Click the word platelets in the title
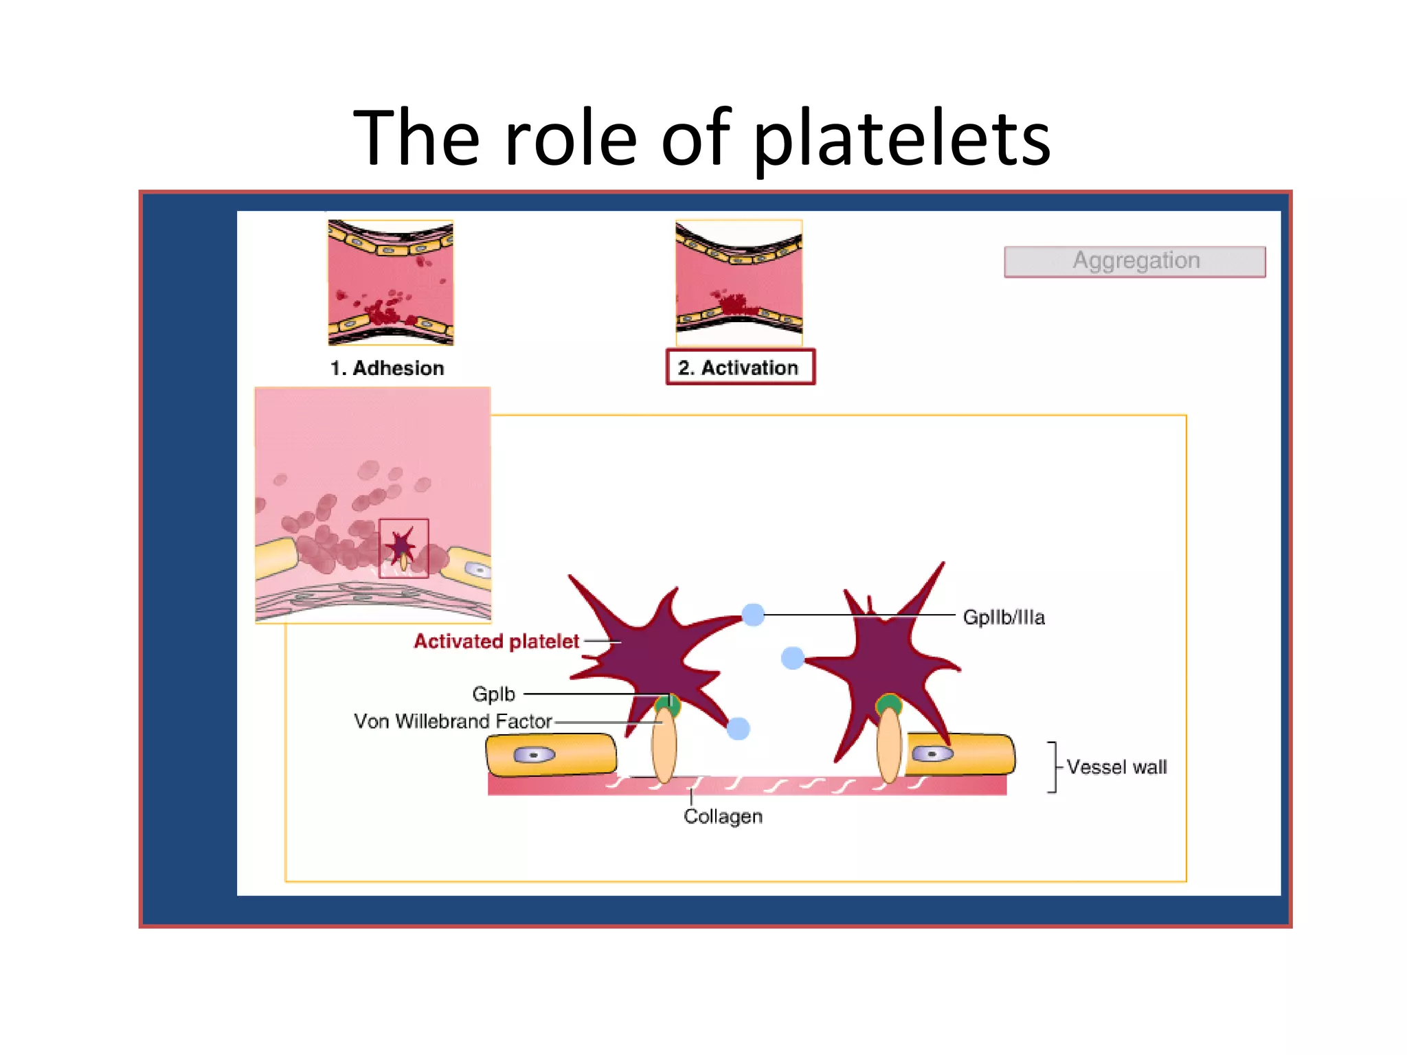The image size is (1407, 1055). tap(901, 139)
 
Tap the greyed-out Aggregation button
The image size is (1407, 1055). tap(1134, 261)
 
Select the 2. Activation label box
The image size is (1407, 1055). tap(740, 367)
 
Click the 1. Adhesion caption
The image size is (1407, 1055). tap(387, 368)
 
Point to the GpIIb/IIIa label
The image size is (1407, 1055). tap(1003, 617)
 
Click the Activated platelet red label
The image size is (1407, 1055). tap(496, 642)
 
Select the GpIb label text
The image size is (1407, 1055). tap(493, 694)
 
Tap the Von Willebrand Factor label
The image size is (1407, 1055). tap(453, 721)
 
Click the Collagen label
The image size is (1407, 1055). tap(723, 817)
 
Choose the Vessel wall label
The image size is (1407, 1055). tap(1116, 767)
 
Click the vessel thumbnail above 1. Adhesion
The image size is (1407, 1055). tap(390, 282)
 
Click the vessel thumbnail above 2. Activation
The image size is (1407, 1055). tap(739, 282)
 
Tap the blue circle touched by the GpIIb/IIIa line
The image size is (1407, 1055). tap(753, 615)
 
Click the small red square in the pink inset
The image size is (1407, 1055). tap(404, 548)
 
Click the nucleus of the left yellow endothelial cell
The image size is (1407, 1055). tap(534, 756)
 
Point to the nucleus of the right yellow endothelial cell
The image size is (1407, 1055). tap(932, 754)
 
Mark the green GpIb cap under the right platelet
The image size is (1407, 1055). tap(888, 703)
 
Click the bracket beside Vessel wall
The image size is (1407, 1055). tap(1053, 767)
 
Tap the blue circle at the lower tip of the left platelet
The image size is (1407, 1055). tap(738, 728)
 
